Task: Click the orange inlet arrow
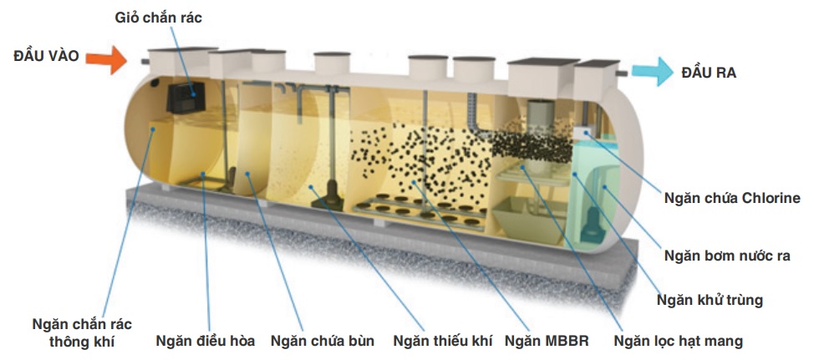click(106, 58)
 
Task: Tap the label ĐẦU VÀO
click(46, 57)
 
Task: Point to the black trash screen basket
click(186, 99)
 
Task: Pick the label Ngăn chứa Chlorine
click(731, 198)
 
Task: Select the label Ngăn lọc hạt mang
click(678, 341)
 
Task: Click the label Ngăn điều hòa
click(208, 341)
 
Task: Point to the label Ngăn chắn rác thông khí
click(82, 332)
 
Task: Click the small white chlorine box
click(588, 133)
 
